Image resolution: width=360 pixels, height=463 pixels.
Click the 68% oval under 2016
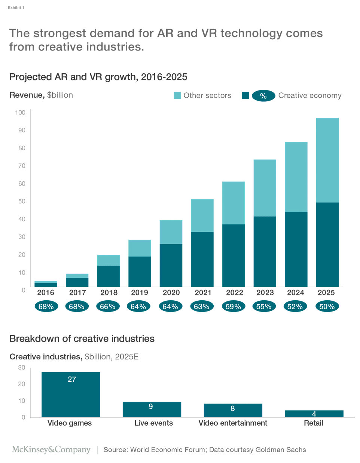click(46, 307)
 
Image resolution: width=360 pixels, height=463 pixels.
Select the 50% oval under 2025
click(327, 307)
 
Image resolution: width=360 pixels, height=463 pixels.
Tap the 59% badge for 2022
click(233, 307)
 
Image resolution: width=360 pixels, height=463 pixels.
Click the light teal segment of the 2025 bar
click(327, 160)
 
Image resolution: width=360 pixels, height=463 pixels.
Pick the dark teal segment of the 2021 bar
click(202, 259)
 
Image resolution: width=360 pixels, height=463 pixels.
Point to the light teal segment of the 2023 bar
click(265, 188)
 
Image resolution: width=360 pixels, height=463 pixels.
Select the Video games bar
click(71, 394)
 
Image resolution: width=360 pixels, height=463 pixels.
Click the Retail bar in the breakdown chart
click(314, 414)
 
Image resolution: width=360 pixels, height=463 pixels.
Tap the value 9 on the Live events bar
click(151, 407)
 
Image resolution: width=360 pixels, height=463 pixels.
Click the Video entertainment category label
click(233, 423)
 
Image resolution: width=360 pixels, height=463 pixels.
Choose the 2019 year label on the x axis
click(139, 292)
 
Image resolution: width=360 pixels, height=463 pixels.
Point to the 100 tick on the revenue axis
click(20, 113)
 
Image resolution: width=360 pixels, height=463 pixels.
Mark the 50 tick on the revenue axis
click(22, 201)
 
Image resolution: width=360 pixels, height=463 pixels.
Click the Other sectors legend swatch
click(177, 95)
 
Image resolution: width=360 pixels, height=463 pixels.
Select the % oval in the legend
click(263, 96)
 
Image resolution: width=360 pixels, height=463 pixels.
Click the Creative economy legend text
click(309, 95)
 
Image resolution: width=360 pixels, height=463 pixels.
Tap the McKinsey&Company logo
click(51, 450)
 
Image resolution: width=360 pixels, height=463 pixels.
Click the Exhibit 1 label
click(16, 7)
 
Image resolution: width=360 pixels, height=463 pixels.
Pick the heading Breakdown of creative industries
click(82, 338)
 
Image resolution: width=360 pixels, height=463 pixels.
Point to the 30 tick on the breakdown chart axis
click(22, 368)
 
